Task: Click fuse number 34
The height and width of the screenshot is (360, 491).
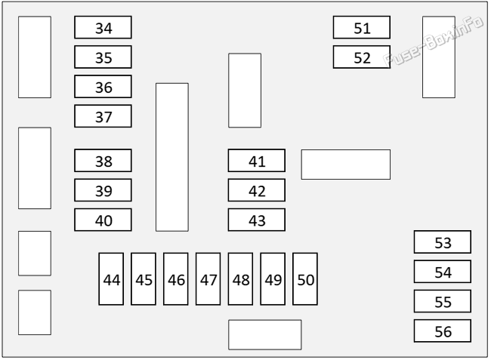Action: pyautogui.click(x=103, y=27)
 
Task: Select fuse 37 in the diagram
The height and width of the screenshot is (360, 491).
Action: pyautogui.click(x=103, y=116)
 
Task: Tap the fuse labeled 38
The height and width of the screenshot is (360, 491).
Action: pyautogui.click(x=103, y=161)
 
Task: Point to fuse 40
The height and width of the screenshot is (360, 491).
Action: pyautogui.click(x=103, y=220)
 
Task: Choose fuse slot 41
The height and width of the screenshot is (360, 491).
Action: pyautogui.click(x=257, y=161)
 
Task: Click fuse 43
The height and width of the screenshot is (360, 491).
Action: pyautogui.click(x=257, y=220)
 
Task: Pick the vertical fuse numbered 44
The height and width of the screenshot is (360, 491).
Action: pyautogui.click(x=111, y=279)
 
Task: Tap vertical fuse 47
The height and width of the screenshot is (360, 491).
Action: pyautogui.click(x=208, y=279)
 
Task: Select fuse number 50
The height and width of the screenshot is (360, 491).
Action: pyautogui.click(x=305, y=279)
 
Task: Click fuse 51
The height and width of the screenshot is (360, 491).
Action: pyautogui.click(x=362, y=27)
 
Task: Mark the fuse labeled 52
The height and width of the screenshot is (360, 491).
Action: pyautogui.click(x=362, y=57)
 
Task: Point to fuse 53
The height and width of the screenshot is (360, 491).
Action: pyautogui.click(x=443, y=242)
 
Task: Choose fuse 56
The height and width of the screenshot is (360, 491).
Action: pyautogui.click(x=443, y=331)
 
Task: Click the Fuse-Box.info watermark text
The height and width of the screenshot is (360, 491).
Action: pyautogui.click(x=434, y=41)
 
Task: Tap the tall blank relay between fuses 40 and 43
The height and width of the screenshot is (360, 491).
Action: pyautogui.click(x=172, y=157)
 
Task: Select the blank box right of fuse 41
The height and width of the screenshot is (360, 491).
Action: pyautogui.click(x=346, y=165)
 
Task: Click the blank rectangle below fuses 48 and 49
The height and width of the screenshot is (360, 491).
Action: pyautogui.click(x=265, y=334)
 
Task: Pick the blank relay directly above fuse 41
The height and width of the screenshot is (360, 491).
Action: pyautogui.click(x=245, y=91)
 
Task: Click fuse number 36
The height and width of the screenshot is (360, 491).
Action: pyautogui.click(x=103, y=87)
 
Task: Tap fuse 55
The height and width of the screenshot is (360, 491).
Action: pyautogui.click(x=443, y=301)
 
